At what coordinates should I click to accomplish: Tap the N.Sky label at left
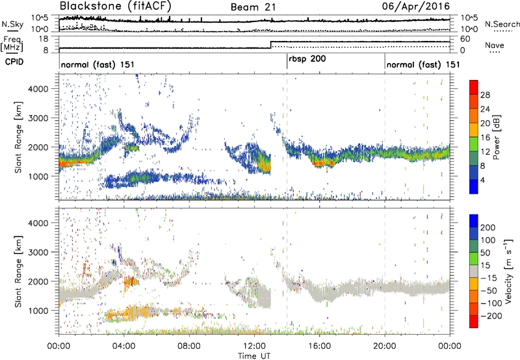click(10, 23)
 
